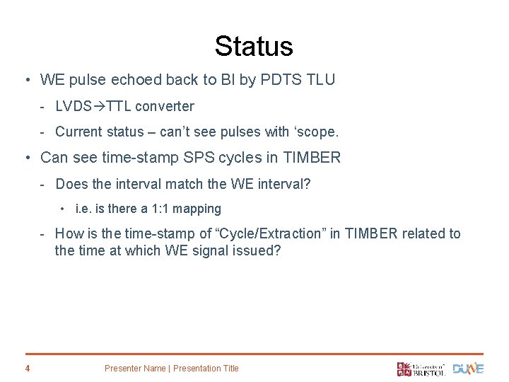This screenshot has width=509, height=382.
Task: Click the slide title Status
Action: [x=254, y=46]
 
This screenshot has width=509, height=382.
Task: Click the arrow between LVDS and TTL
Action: [x=100, y=107]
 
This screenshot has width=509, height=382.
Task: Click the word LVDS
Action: [x=74, y=107]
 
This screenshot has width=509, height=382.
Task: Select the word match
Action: [x=185, y=184]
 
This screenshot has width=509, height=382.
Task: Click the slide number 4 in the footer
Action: [x=27, y=368]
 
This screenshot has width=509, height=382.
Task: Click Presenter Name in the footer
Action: [x=134, y=368]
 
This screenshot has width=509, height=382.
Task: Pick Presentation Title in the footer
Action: [x=206, y=368]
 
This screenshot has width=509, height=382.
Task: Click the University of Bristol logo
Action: [x=421, y=368]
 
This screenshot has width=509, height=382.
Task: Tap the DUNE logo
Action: [x=469, y=368]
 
